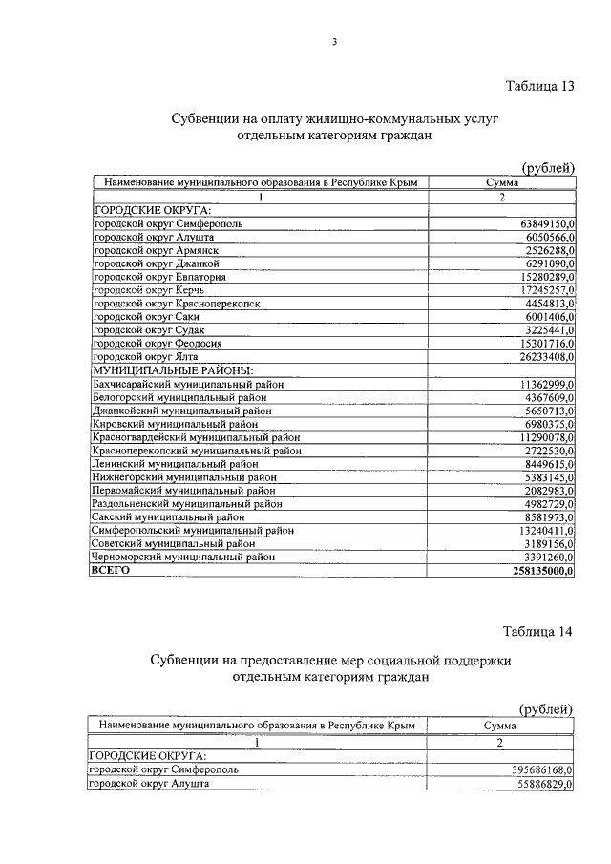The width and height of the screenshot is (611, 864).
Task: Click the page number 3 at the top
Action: pyautogui.click(x=334, y=41)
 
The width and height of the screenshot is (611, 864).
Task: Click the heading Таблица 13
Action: pyautogui.click(x=539, y=86)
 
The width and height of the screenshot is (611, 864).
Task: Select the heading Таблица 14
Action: pyautogui.click(x=537, y=632)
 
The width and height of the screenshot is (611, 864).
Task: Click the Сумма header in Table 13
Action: pyautogui.click(x=501, y=182)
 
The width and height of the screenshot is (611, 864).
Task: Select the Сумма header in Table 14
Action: pyautogui.click(x=499, y=726)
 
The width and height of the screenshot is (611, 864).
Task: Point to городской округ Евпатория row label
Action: pyautogui.click(x=158, y=277)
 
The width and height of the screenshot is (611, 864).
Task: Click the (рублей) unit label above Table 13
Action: pyautogui.click(x=545, y=168)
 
